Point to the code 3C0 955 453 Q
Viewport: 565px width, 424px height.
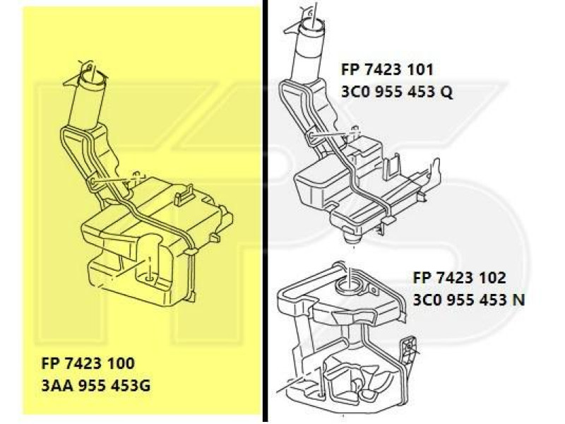[x=396, y=92]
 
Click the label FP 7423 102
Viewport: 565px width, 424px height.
[x=459, y=278]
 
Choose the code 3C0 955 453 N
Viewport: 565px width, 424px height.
[x=469, y=299]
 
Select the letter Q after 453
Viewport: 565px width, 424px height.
[x=446, y=92]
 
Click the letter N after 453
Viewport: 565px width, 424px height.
[x=518, y=299]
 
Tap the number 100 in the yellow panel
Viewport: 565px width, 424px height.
[x=119, y=366]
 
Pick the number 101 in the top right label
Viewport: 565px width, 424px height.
[x=420, y=70]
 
